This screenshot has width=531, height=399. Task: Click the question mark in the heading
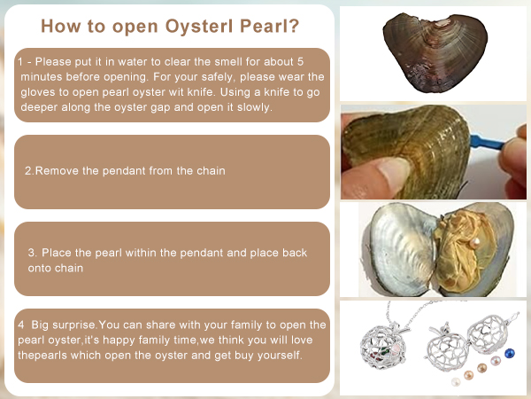[x=295, y=26]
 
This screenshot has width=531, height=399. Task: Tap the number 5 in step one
[x=300, y=62]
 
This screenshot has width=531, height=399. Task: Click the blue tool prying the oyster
[x=487, y=143]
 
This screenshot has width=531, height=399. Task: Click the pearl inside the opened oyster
[x=475, y=243]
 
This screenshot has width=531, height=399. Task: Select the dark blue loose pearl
[x=510, y=354]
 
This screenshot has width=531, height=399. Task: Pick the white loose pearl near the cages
[x=456, y=381]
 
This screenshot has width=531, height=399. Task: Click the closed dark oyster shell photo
[x=435, y=53]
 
